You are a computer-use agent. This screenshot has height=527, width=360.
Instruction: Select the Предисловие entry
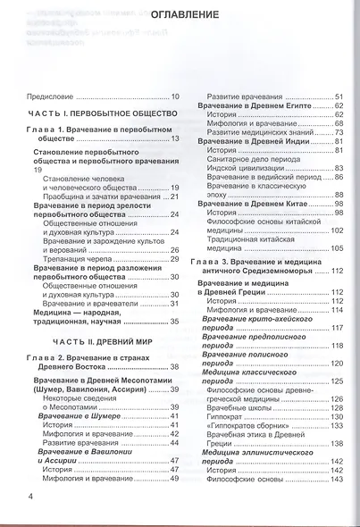coord(50,96)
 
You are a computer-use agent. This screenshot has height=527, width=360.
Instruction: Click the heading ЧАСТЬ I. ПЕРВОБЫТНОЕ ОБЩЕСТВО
coord(98,114)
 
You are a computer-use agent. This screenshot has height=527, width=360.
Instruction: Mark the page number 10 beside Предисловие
coord(175,96)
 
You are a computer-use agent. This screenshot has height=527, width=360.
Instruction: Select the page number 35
coord(175,321)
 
